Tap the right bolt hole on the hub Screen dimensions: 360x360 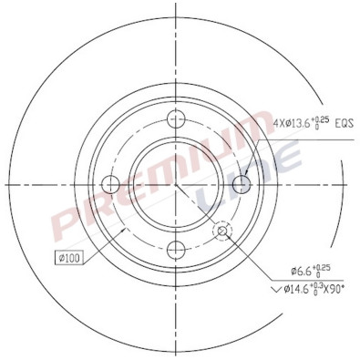(x=247, y=184)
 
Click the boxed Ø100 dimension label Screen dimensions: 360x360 (x=68, y=259)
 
